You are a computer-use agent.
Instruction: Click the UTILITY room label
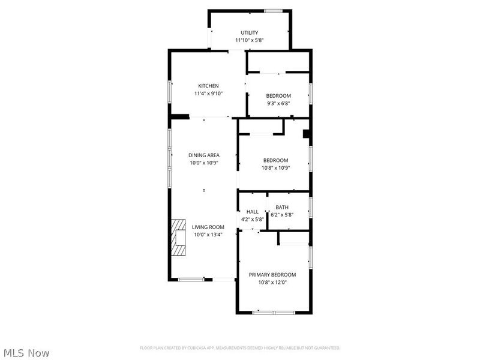tap(249, 32)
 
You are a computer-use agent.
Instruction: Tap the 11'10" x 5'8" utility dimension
tap(249, 40)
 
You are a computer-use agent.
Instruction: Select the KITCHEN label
tap(209, 86)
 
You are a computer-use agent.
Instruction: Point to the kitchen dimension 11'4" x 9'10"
tap(209, 94)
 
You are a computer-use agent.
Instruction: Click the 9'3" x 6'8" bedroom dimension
tap(278, 103)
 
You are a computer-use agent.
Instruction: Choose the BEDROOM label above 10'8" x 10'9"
tap(275, 160)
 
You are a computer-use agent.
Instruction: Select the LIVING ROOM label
tap(208, 227)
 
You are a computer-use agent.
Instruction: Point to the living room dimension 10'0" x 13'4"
tap(208, 235)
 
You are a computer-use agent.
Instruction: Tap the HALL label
tap(253, 212)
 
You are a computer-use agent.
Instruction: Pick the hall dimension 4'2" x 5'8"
tap(253, 220)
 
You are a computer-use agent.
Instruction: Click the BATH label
tap(281, 208)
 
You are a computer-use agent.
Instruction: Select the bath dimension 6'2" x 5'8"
tap(281, 215)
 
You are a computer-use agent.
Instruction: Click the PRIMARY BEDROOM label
tap(272, 274)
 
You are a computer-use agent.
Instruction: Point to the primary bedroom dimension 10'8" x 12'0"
tap(272, 282)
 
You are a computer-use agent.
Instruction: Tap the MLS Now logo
tap(26, 353)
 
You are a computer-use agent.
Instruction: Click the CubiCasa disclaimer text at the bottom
tap(240, 348)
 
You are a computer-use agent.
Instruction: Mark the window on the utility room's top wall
tap(274, 10)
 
